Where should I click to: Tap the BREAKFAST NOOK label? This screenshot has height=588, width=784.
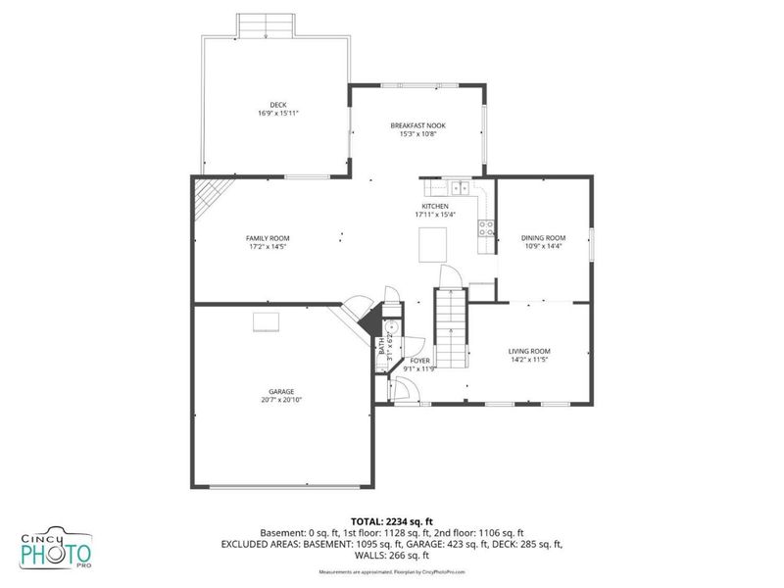coord(417,125)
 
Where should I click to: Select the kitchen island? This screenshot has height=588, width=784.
coord(432,245)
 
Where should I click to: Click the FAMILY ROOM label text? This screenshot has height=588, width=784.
coord(267,238)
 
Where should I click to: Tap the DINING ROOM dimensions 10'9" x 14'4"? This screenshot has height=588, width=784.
coord(543,246)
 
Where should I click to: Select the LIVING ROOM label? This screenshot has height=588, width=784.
coord(528,351)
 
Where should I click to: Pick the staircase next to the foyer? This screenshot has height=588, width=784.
coord(450,328)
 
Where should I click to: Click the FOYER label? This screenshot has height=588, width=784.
coord(419,361)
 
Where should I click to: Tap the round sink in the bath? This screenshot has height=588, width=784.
coord(389,328)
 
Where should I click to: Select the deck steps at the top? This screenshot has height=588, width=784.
coord(266,26)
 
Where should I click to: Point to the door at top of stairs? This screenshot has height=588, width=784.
coord(450,278)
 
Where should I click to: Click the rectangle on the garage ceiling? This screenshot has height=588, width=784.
coord(265,322)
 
